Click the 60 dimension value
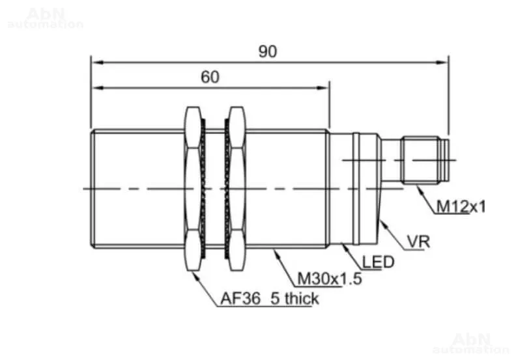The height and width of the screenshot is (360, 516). click(x=209, y=77)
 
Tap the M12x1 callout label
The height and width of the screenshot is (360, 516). click(x=461, y=206)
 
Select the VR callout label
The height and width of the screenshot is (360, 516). click(x=418, y=242)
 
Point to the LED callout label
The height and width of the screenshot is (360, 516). click(x=379, y=262)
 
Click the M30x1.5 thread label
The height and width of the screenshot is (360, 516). click(x=330, y=279)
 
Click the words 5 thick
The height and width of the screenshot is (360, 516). click(x=294, y=299)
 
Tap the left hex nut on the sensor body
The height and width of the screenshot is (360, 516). click(x=193, y=189)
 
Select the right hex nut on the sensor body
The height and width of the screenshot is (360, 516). click(x=236, y=189)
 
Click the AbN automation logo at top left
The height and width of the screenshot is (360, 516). click(x=45, y=19)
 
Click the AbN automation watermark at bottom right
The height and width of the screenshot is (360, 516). click(x=475, y=342)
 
